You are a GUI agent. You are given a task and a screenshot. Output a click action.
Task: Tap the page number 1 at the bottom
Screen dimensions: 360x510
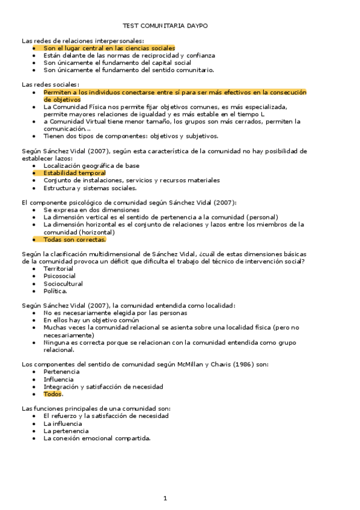coord(165,499)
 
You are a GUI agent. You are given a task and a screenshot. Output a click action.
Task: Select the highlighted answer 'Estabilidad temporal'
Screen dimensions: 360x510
coord(74,173)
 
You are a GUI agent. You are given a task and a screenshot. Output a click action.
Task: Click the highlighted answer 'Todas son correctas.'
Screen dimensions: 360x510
coord(75,239)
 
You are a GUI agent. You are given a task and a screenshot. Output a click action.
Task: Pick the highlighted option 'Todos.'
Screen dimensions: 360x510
coord(53,395)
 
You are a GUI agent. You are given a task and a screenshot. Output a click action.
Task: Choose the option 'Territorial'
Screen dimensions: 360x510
coord(58,269)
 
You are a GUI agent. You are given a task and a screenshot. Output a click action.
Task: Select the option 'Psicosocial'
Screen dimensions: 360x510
coord(59,276)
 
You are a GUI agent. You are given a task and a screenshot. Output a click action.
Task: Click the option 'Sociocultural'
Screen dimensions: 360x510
coord(63,284)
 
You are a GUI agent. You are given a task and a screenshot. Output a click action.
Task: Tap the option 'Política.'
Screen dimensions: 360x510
coord(55,291)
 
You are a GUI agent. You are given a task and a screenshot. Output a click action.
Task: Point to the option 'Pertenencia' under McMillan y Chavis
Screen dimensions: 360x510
coord(61,372)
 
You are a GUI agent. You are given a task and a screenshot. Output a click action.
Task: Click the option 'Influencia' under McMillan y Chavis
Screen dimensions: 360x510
coord(59,379)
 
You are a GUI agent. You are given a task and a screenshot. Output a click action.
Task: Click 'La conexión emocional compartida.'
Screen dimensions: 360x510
coord(97,438)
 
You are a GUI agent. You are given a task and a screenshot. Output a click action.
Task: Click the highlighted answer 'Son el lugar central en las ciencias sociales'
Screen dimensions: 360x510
coord(109,48)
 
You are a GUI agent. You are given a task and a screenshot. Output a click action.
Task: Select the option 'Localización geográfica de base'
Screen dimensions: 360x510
coord(91,165)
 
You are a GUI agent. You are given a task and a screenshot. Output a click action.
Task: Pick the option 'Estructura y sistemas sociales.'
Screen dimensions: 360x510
coord(90,188)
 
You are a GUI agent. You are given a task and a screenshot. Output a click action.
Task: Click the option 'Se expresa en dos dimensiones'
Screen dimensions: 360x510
coord(91,210)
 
